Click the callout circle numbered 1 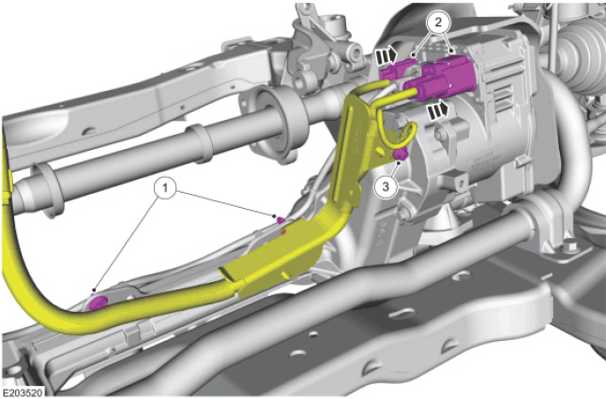[165, 188]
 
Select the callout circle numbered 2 [437, 22]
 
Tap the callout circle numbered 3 [386, 186]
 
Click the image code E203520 [22, 393]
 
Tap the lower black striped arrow [438, 111]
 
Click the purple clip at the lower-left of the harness [98, 303]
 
